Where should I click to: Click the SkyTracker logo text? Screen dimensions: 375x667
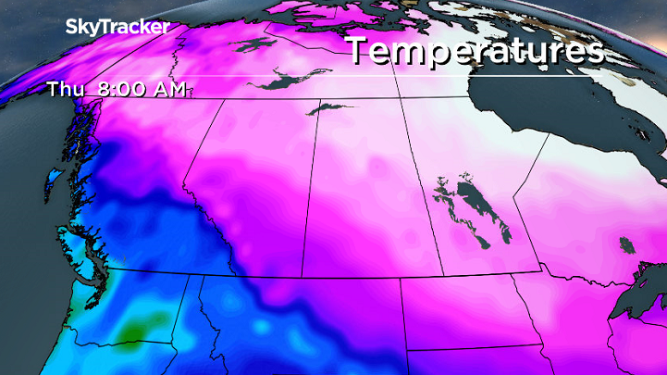coord(117,27)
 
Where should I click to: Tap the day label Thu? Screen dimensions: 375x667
coord(68,90)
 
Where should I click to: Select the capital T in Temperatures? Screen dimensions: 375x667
coord(359,52)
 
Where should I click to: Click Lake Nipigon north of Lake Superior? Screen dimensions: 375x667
coord(630,245)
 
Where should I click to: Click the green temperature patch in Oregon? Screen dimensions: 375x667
coord(136,326)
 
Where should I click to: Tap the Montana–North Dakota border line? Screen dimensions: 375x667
coord(400,315)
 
